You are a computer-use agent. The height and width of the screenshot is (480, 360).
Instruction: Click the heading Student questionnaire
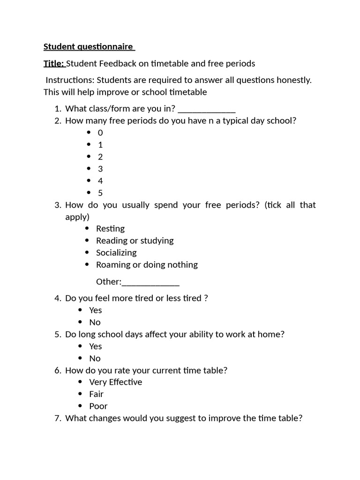(x=89, y=47)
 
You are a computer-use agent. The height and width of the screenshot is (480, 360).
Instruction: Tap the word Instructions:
(x=70, y=80)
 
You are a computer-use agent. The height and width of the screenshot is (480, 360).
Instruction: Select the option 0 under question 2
(x=100, y=133)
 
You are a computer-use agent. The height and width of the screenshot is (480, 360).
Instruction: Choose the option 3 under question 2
(x=100, y=169)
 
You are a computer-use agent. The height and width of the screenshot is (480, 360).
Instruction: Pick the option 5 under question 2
(x=100, y=193)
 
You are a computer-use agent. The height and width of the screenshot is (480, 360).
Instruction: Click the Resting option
(x=110, y=229)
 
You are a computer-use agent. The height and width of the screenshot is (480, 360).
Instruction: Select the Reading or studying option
(x=135, y=241)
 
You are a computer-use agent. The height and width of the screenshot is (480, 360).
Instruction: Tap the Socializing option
(x=116, y=253)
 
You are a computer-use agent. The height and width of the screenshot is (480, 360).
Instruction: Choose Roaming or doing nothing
(x=147, y=265)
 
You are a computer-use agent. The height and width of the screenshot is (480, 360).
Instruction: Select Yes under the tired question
(x=96, y=310)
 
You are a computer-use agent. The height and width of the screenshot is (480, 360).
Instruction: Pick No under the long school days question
(x=95, y=359)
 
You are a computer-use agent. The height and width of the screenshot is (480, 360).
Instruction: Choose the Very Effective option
(x=116, y=382)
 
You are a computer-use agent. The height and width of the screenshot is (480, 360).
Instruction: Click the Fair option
(x=97, y=394)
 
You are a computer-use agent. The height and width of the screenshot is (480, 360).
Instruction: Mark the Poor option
(x=98, y=406)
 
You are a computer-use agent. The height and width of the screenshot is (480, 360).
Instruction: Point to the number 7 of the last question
(x=58, y=418)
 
